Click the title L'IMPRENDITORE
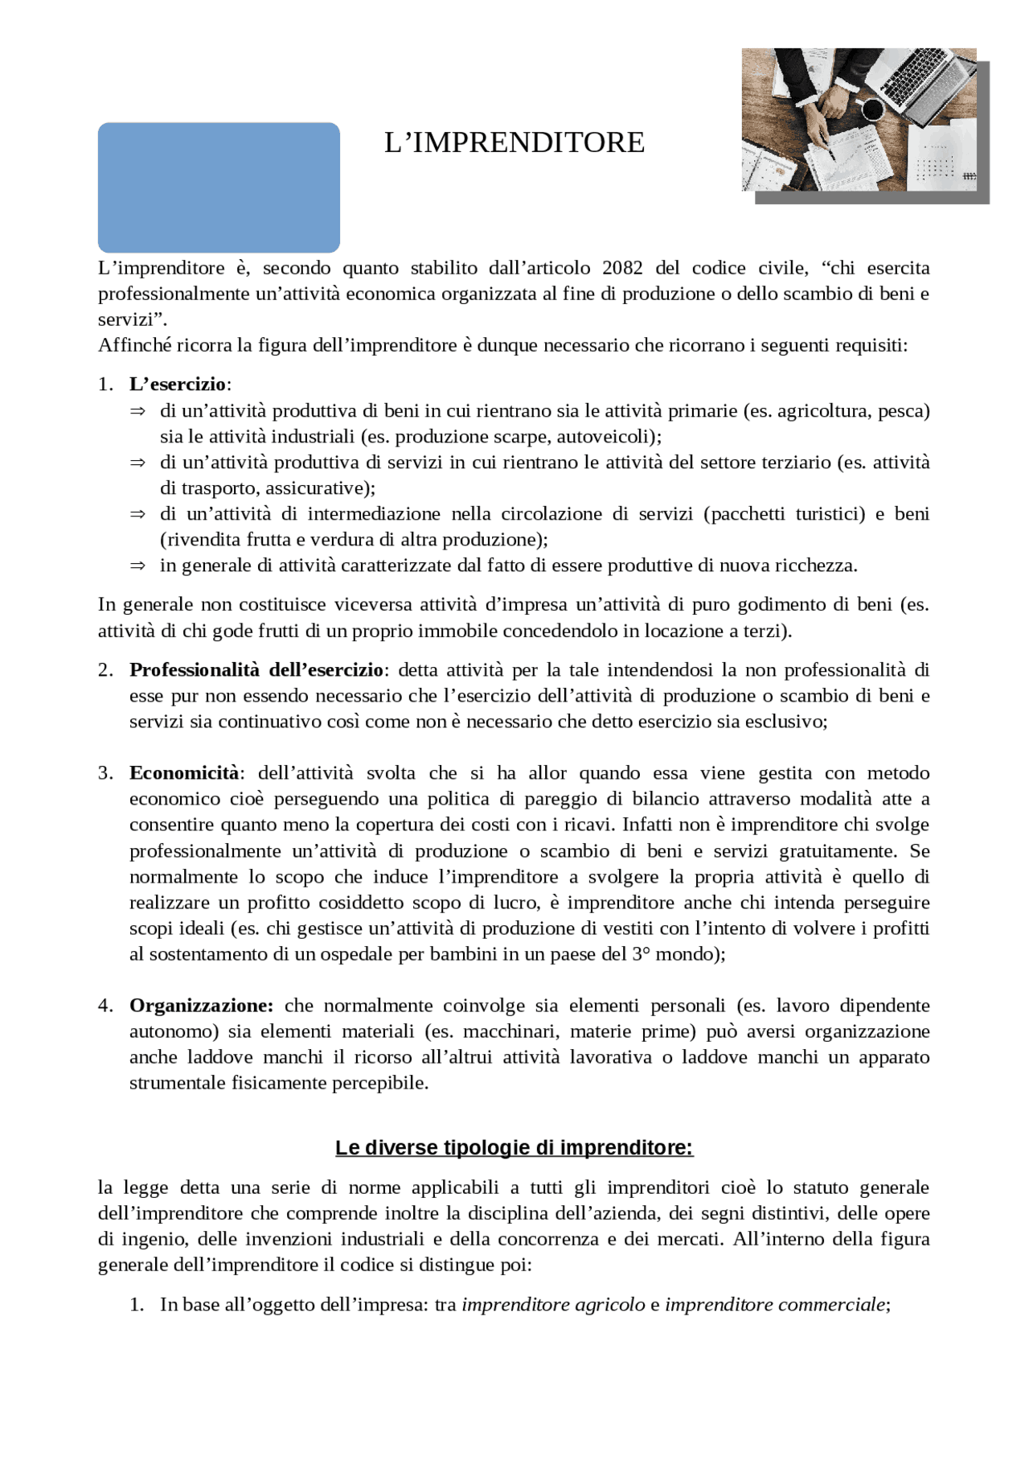coord(514,142)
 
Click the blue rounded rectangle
coord(219,187)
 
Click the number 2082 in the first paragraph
coord(622,268)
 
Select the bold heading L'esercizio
coord(178,384)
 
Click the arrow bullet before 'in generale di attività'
coord(137,566)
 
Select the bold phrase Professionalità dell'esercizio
coord(256,669)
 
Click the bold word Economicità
coord(184,772)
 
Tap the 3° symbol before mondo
coord(640,953)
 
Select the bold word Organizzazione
coord(201,1005)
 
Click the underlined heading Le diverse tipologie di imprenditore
coord(514,1147)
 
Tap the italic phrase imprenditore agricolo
coord(553,1304)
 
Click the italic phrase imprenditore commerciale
coord(774,1304)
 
